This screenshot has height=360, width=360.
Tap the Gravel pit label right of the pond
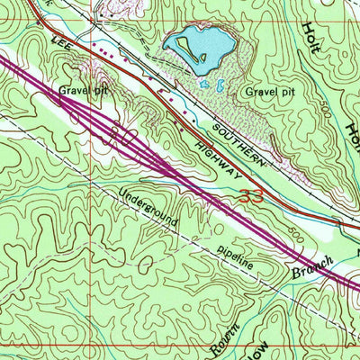(x=265, y=92)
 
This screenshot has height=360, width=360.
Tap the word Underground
(x=148, y=207)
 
